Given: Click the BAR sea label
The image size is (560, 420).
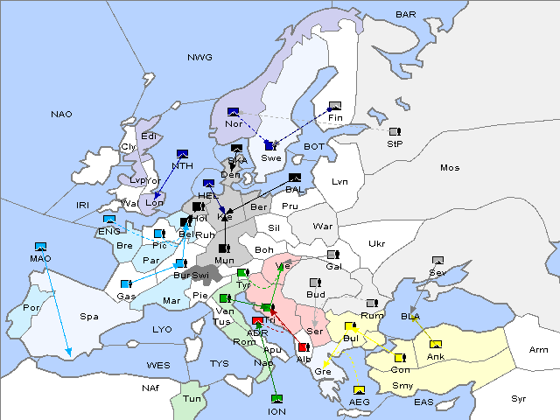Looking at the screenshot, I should (405, 15).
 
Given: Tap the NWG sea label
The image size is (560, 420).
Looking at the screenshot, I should (199, 58).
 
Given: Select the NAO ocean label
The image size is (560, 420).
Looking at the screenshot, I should (61, 115).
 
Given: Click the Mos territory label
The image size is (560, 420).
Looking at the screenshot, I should (450, 167).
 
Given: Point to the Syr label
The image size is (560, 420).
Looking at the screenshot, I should (519, 398).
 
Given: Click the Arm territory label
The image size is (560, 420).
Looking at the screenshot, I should (539, 350).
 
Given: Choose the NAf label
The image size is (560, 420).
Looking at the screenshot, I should (150, 387).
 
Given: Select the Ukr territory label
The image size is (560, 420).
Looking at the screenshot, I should (376, 243).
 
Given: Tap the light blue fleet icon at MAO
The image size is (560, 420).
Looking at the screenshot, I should (40, 248).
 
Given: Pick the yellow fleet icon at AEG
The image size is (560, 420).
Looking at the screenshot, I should (359, 390).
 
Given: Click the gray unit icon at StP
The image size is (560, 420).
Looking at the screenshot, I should (394, 132).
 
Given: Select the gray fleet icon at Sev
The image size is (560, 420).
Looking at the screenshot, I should (437, 261).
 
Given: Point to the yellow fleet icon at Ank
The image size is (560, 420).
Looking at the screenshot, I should (435, 344).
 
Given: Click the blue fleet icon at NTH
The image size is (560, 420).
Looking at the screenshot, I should (182, 154).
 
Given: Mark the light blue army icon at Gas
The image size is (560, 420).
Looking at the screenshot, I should (126, 284).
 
